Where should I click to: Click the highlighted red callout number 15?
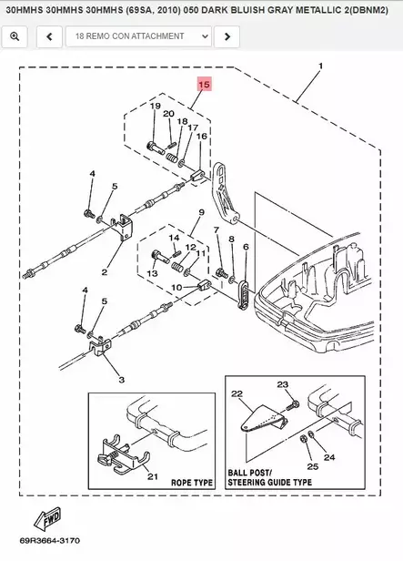(204, 85)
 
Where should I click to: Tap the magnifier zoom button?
(15, 36)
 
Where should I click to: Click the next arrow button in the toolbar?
(227, 36)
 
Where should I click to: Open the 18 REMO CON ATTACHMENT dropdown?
(138, 36)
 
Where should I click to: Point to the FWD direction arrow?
(48, 519)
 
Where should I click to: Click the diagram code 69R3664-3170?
(50, 540)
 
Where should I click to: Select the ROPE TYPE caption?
(192, 483)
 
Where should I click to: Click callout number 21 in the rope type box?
(153, 476)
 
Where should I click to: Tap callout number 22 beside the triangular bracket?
(237, 394)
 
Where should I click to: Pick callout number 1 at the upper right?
(320, 66)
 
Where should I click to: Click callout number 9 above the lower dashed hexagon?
(202, 212)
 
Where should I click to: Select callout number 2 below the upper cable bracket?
(105, 272)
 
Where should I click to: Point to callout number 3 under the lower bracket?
(122, 380)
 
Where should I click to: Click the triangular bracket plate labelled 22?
(262, 419)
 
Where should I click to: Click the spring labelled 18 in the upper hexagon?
(172, 158)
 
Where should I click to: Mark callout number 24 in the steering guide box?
(329, 457)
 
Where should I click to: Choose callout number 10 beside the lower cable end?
(176, 287)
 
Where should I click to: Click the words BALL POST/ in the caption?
(250, 473)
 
